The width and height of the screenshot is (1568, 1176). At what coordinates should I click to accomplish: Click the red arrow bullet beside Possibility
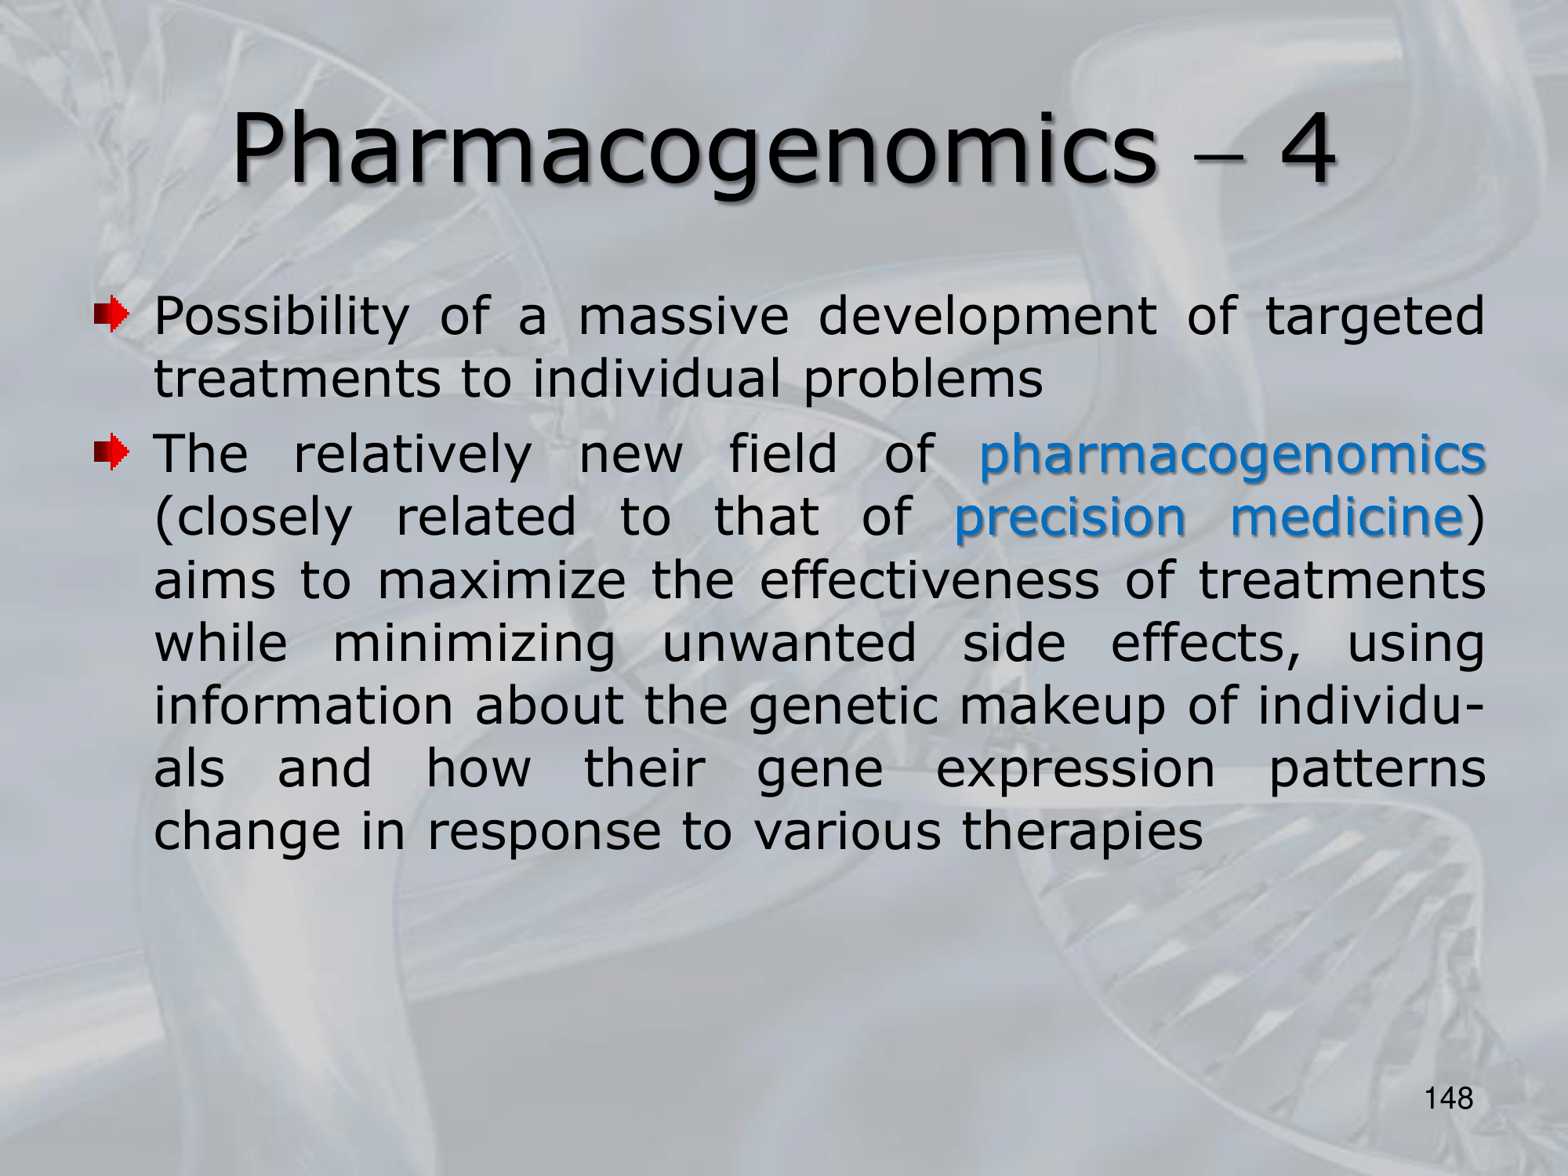(x=111, y=314)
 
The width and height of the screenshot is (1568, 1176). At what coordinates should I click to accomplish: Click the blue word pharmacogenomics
(x=1232, y=456)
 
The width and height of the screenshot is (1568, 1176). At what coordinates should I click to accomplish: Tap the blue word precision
(x=1069, y=518)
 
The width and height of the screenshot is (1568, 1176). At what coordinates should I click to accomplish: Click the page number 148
(x=1449, y=1098)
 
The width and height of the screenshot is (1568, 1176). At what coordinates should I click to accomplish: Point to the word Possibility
(x=281, y=318)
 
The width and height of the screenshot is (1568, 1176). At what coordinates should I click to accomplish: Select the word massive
(x=684, y=317)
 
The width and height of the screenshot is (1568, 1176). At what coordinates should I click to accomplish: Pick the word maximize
(x=502, y=581)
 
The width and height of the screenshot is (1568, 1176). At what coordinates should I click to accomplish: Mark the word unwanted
(x=789, y=644)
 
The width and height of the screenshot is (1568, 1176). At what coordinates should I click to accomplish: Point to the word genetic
(x=844, y=708)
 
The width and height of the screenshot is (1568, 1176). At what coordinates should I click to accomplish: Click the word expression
(x=1076, y=771)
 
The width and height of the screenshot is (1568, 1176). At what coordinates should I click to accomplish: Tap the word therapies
(x=1082, y=833)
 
